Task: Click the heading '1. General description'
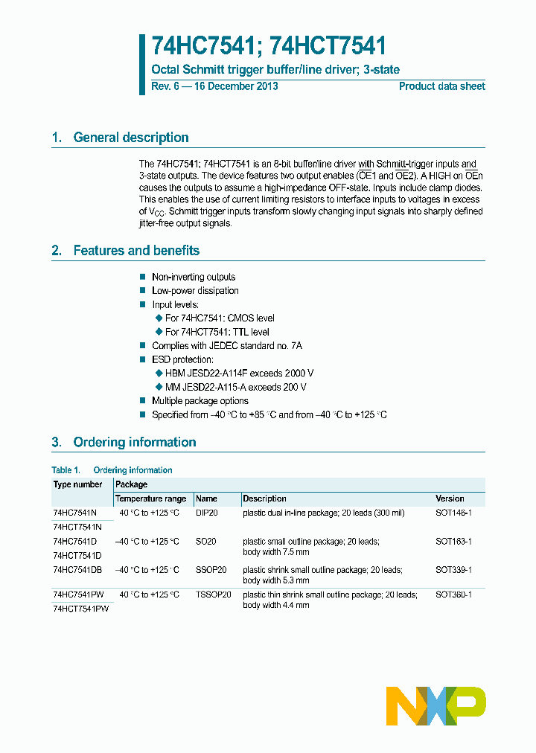pos(120,138)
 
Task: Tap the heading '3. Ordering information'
pos(124,442)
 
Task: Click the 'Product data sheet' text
pos(441,86)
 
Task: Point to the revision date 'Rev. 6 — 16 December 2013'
pos(214,86)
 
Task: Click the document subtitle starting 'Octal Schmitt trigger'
pos(275,70)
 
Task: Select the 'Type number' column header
pos(77,484)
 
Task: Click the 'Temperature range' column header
pos(150,499)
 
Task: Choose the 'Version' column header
pos(450,499)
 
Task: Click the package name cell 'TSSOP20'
pos(214,595)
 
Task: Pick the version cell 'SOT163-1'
pos(453,542)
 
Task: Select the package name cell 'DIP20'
pos(206,513)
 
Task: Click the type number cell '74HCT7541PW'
pos(81,609)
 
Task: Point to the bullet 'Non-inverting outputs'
pos(194,277)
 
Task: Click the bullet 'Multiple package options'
pos(200,401)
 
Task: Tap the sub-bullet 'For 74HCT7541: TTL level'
pos(217,332)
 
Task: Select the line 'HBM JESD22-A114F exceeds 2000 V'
pos(239,374)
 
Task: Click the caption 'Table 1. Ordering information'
pos(112,470)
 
